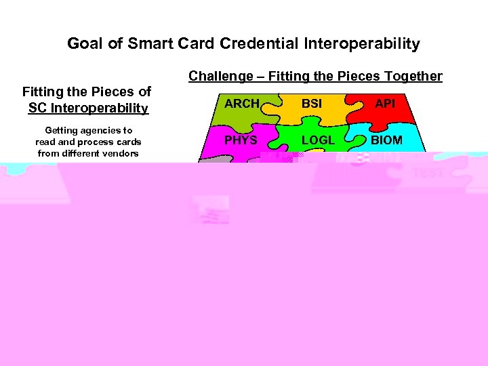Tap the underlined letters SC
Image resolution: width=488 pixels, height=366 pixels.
point(37,108)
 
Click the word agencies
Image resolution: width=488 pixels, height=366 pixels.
point(104,130)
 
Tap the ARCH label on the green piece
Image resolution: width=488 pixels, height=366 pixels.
point(242,104)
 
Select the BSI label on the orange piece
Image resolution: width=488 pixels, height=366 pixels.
point(312,104)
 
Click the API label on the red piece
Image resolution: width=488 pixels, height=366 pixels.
point(385,104)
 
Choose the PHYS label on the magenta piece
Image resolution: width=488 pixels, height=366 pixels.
point(241,140)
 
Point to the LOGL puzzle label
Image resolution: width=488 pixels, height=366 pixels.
point(317,140)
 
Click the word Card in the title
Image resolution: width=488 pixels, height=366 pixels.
point(199,44)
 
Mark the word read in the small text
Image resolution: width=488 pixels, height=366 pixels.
point(45,142)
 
